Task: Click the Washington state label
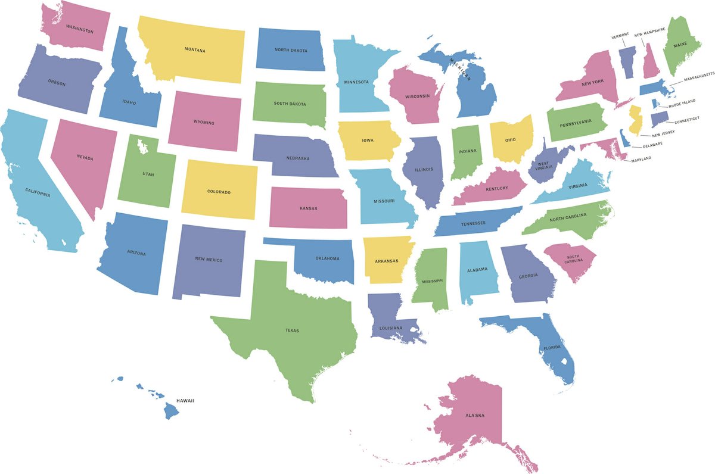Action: pyautogui.click(x=79, y=28)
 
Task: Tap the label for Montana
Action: pyautogui.click(x=195, y=50)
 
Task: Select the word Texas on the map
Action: pyautogui.click(x=292, y=330)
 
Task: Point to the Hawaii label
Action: pyautogui.click(x=185, y=401)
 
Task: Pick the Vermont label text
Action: pyautogui.click(x=620, y=36)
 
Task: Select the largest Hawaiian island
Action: pyautogui.click(x=172, y=410)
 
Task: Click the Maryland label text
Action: pyautogui.click(x=641, y=158)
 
